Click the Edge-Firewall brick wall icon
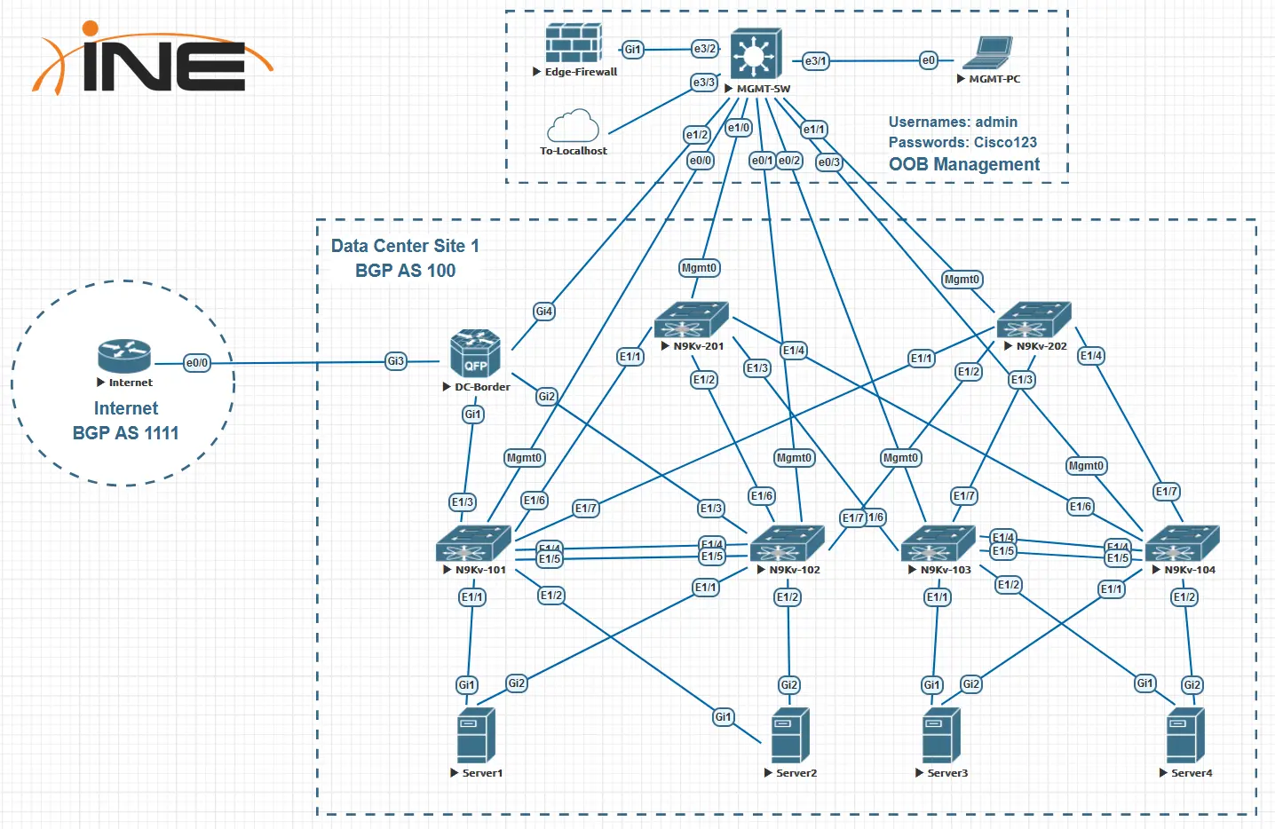(574, 43)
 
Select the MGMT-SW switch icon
(756, 54)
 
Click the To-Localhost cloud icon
(573, 126)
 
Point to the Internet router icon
(124, 356)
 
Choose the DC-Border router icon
(475, 354)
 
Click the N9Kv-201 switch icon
(691, 320)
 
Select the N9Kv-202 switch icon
(1033, 320)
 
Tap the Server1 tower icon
(476, 735)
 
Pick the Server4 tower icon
(1185, 735)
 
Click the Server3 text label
(947, 773)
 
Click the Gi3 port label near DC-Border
(396, 361)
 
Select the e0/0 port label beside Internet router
(197, 363)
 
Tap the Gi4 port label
(544, 312)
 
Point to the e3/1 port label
(815, 61)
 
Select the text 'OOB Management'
(964, 164)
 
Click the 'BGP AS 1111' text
(125, 433)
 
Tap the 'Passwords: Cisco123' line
(962, 142)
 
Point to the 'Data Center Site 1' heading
(405, 246)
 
